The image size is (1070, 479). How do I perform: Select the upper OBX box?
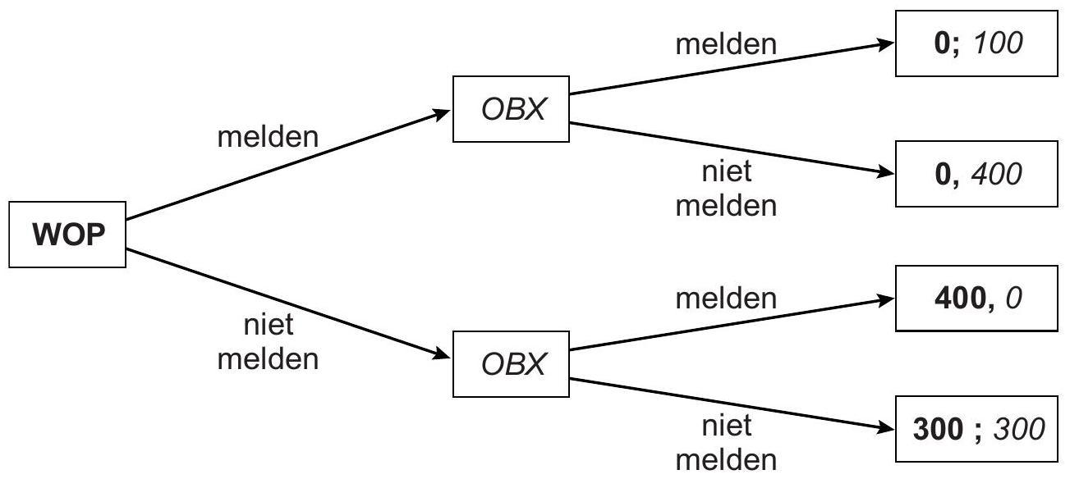512,109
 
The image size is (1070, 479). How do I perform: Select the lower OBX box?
512,364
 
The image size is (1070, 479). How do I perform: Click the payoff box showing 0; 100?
976,43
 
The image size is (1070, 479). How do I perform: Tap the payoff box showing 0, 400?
976,173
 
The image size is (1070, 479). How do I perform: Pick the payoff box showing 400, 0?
976,298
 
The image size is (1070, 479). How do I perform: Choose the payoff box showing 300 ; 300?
976,429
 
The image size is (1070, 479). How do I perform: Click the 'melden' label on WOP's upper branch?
267,137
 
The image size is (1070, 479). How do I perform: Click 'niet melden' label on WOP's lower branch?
267,342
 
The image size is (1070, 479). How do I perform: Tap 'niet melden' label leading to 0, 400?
725,189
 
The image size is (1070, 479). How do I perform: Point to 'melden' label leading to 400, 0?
725,299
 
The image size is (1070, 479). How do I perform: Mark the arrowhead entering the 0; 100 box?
885,43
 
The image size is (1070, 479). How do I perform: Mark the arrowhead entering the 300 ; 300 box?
885,428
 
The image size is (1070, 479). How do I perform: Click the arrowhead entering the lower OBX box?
444,356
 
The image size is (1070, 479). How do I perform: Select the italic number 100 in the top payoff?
997,43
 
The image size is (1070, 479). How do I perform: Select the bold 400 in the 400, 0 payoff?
958,298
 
